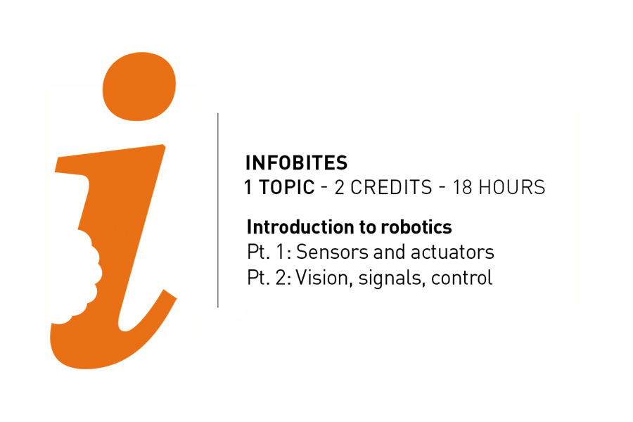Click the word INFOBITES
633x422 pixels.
point(296,163)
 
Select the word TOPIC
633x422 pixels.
point(286,188)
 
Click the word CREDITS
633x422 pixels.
point(391,188)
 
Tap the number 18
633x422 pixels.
point(462,188)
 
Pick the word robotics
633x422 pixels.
point(416,228)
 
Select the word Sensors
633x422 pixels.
point(327,252)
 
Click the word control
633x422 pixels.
point(462,278)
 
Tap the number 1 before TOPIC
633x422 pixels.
point(248,188)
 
